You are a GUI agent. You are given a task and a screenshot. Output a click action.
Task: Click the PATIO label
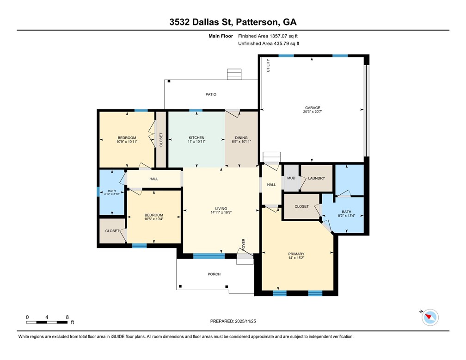pyautogui.click(x=211, y=94)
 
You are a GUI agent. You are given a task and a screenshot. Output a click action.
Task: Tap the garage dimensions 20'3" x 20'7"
pyautogui.click(x=313, y=112)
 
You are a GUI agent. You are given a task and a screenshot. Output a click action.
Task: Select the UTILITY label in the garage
pyautogui.click(x=268, y=65)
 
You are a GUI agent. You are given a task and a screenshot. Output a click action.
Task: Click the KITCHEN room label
pyautogui.click(x=196, y=138)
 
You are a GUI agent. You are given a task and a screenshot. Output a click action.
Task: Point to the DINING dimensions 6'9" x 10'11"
pyautogui.click(x=241, y=142)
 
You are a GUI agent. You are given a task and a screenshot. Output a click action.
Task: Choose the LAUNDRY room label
pyautogui.click(x=317, y=178)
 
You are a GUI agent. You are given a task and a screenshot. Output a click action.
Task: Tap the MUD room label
pyautogui.click(x=291, y=178)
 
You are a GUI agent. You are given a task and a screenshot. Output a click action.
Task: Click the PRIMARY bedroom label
pyautogui.click(x=296, y=254)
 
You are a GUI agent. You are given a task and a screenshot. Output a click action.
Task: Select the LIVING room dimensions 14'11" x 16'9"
pyautogui.click(x=221, y=212)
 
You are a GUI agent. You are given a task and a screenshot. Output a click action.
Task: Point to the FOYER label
pyautogui.click(x=244, y=245)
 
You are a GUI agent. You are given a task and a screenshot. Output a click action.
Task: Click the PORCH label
pyautogui.click(x=214, y=274)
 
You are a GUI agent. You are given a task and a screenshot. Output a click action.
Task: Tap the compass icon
pyautogui.click(x=430, y=317)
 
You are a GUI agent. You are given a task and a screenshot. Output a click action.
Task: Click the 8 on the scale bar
pyautogui.click(x=67, y=317)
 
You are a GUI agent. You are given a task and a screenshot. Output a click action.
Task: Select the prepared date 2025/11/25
pyautogui.click(x=245, y=321)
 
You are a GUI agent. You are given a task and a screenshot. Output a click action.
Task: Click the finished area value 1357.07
pyautogui.click(x=278, y=36)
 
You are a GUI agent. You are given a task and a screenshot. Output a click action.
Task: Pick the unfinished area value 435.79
pyautogui.click(x=282, y=43)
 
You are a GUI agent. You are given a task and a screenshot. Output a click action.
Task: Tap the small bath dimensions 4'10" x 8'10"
pyautogui.click(x=112, y=194)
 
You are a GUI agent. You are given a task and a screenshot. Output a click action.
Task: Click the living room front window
pyautogui.click(x=209, y=256)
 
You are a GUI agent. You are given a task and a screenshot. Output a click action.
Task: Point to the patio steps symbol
pyautogui.click(x=234, y=74)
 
